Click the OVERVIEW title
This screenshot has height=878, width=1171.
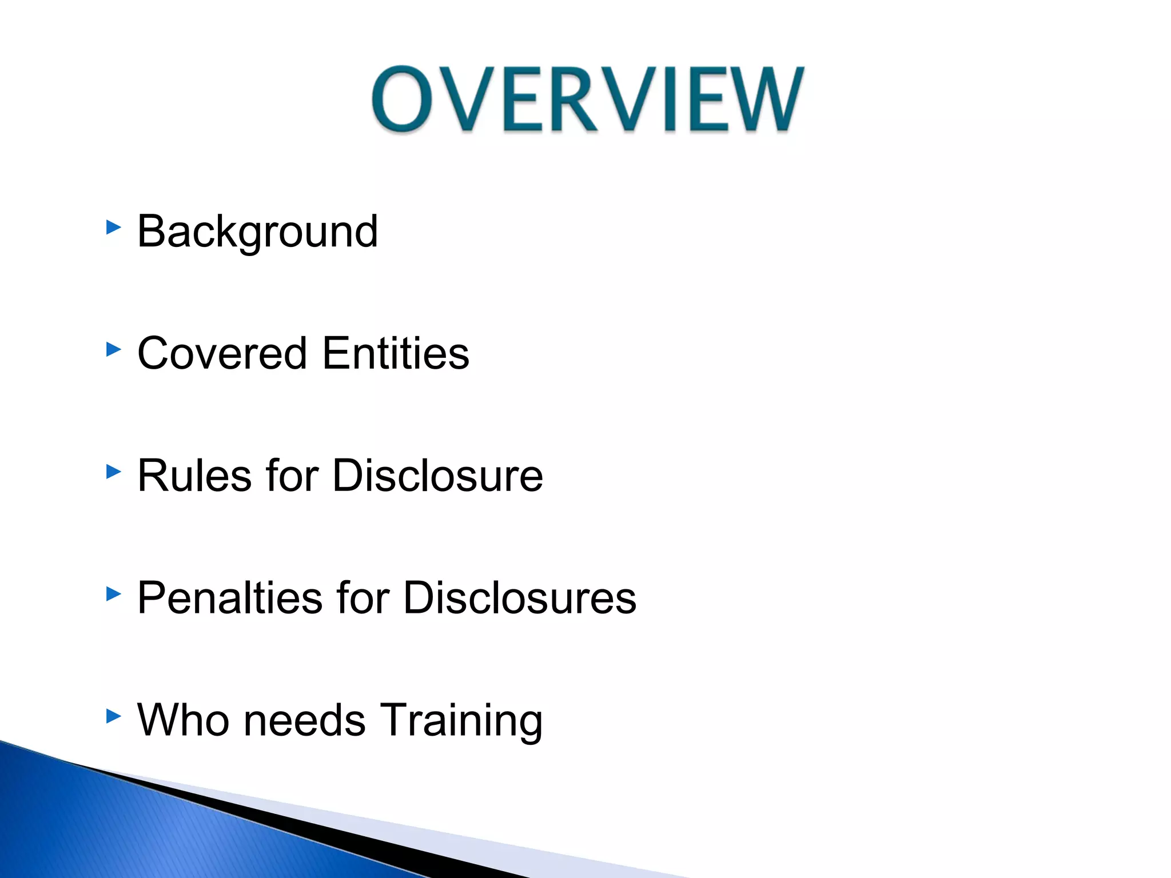tap(588, 99)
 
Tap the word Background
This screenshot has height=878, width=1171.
tap(257, 231)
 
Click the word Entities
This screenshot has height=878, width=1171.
tap(396, 353)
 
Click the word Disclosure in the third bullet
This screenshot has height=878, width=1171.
tap(437, 476)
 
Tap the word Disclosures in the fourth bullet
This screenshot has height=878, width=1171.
tap(519, 598)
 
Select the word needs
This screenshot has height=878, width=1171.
tap(304, 720)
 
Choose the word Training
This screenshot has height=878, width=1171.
tap(461, 720)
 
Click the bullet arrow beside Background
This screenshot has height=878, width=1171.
tap(114, 228)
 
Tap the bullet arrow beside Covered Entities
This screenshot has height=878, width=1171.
tap(114, 349)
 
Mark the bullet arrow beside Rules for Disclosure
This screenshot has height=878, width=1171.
tap(114, 472)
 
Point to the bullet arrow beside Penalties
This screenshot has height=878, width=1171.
tap(114, 594)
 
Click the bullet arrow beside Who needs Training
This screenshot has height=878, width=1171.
tap(114, 716)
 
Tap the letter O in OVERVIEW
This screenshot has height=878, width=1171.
tap(403, 99)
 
